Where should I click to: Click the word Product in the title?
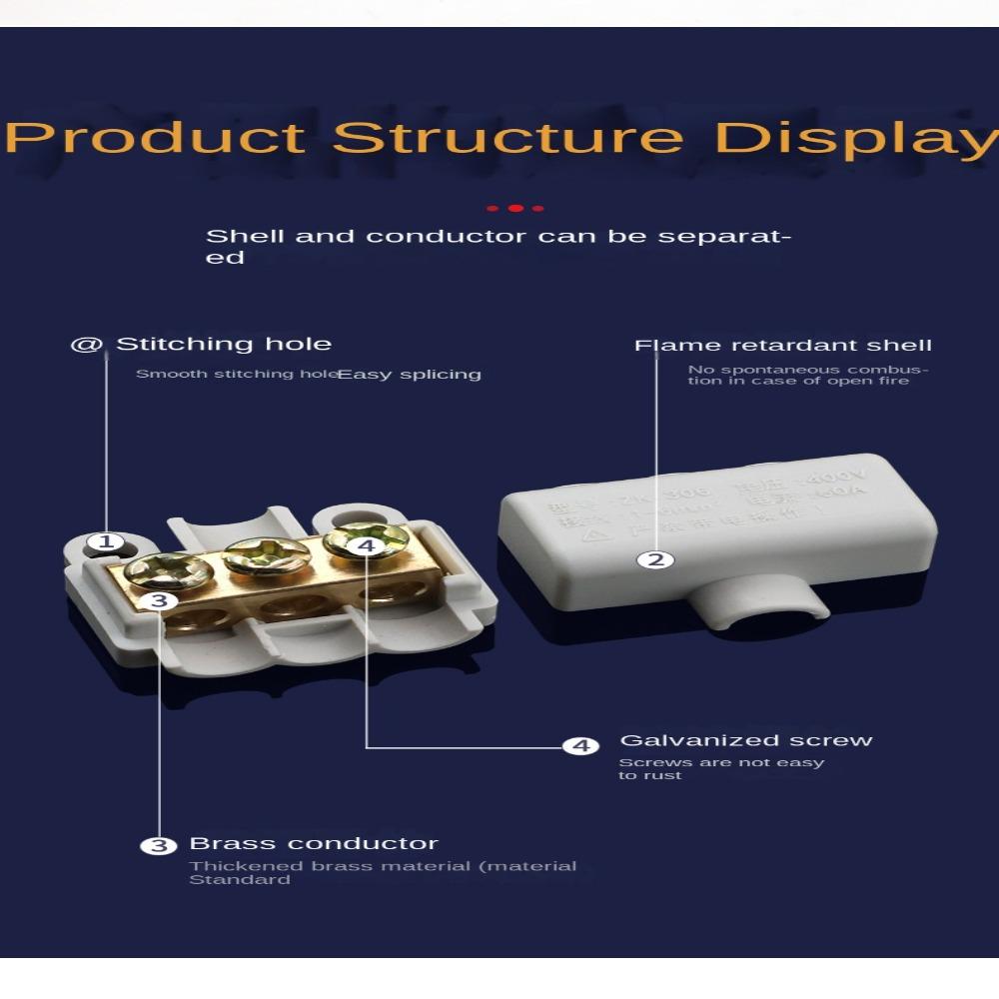(x=155, y=137)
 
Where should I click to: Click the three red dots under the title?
(x=514, y=208)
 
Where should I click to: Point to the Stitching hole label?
(x=223, y=345)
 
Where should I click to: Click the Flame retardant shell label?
(x=783, y=346)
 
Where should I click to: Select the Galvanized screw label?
(x=746, y=740)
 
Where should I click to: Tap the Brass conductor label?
(x=314, y=844)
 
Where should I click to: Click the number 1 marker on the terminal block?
(x=105, y=543)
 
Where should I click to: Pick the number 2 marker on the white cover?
(x=655, y=559)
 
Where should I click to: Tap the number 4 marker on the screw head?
(x=367, y=545)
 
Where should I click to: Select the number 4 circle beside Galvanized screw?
(x=579, y=746)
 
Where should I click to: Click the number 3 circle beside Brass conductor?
(x=158, y=846)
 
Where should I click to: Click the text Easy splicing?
(x=410, y=375)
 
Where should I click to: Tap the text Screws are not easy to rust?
(x=721, y=768)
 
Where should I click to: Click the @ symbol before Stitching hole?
(x=87, y=345)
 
